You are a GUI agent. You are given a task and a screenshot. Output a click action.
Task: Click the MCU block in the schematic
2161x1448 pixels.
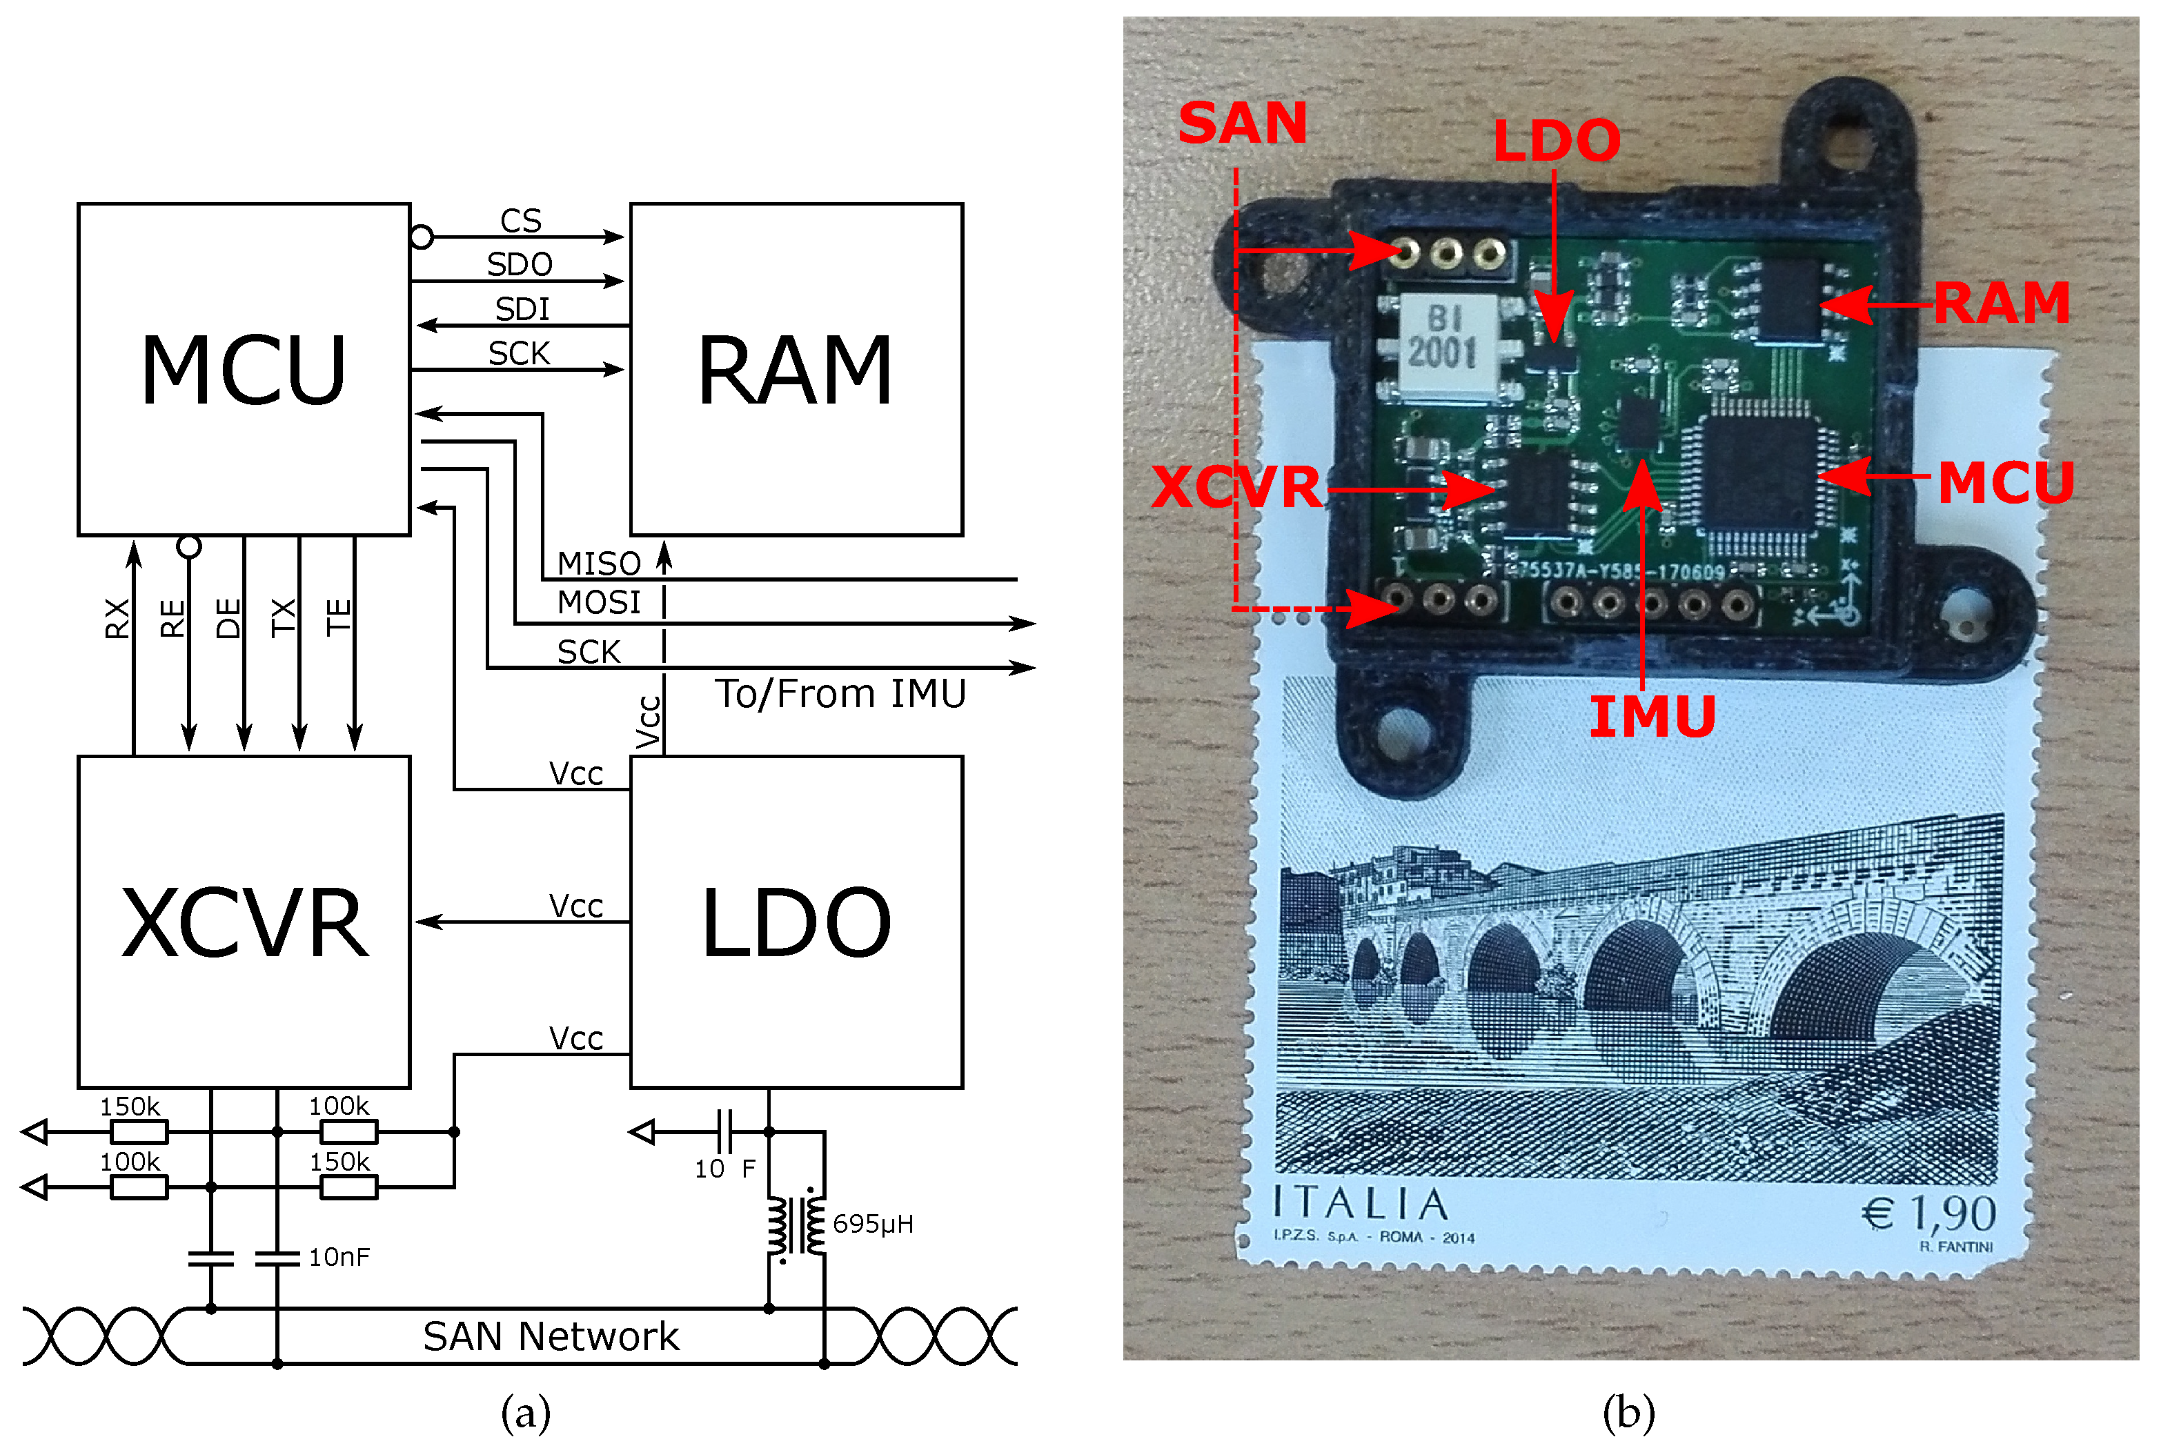pyautogui.click(x=244, y=369)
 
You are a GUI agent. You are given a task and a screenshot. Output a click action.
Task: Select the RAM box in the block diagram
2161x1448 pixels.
pyautogui.click(x=796, y=369)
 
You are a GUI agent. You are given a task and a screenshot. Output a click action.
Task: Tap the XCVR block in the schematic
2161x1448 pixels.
pyautogui.click(x=244, y=922)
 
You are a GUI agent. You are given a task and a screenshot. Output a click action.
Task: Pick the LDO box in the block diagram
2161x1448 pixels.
pyautogui.click(x=796, y=922)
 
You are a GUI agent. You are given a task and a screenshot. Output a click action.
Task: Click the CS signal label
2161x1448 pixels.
pyautogui.click(x=521, y=221)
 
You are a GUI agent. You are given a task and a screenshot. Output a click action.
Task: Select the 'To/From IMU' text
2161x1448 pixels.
pyautogui.click(x=840, y=693)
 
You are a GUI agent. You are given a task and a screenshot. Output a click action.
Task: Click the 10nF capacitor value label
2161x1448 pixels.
pyautogui.click(x=339, y=1257)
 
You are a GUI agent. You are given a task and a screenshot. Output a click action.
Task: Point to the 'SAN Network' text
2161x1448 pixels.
pyautogui.click(x=551, y=1336)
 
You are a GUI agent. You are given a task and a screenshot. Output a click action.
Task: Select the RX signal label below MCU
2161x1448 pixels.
pyautogui.click(x=117, y=618)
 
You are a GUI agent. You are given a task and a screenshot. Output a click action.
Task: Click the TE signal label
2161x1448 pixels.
pyautogui.click(x=339, y=617)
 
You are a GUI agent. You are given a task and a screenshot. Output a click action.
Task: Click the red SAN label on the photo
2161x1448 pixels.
pyautogui.click(x=1242, y=123)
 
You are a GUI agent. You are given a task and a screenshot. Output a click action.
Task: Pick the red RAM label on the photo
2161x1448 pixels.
pyautogui.click(x=2001, y=303)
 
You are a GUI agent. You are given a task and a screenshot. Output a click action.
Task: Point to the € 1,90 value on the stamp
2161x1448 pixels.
pyautogui.click(x=1928, y=1213)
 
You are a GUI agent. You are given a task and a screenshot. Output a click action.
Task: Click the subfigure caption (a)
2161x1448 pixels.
pyautogui.click(x=526, y=1413)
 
